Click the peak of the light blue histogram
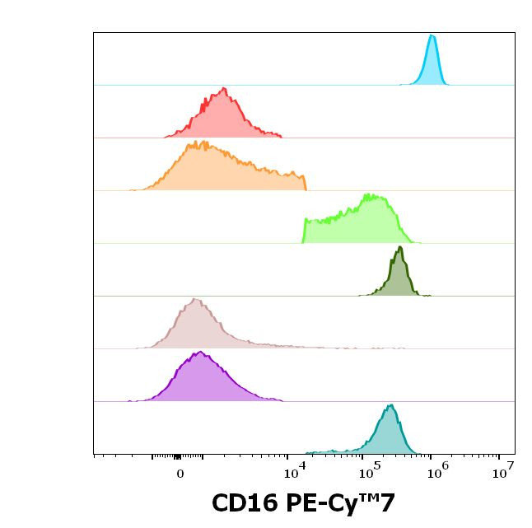click(x=432, y=35)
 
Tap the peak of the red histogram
click(x=223, y=88)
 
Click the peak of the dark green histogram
click(x=399, y=247)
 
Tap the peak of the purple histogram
click(x=199, y=353)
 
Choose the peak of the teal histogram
click(x=390, y=405)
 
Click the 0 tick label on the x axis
click(x=180, y=474)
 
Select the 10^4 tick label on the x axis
click(x=294, y=472)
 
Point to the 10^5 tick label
click(x=367, y=472)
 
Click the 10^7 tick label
click(x=503, y=472)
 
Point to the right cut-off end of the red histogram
click(x=281, y=135)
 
